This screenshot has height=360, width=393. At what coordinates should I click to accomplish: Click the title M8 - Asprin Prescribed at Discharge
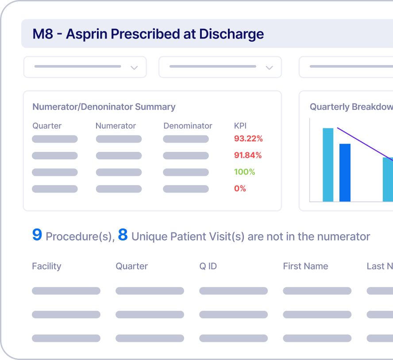click(148, 34)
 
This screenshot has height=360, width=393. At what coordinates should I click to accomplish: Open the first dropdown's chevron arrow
click(134, 68)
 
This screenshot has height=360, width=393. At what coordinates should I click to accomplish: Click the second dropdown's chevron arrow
click(269, 68)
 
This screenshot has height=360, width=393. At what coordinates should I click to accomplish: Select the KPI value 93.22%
click(248, 139)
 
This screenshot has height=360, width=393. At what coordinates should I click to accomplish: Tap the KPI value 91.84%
click(248, 155)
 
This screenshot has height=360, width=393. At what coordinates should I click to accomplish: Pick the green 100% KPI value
click(245, 172)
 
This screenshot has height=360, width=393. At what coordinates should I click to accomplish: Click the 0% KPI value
click(240, 189)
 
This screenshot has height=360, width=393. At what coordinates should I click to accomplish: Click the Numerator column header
click(116, 126)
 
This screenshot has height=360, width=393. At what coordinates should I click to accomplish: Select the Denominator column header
click(188, 126)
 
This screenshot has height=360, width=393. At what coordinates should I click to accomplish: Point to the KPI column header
click(240, 126)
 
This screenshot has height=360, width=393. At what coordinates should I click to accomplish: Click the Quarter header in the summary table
click(47, 126)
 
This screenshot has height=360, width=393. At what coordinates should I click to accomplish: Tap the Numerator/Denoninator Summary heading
click(104, 107)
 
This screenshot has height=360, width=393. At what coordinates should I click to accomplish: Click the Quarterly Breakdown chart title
click(351, 107)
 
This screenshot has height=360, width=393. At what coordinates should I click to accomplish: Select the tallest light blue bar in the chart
click(328, 165)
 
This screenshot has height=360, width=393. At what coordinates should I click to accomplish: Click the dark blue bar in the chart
click(345, 173)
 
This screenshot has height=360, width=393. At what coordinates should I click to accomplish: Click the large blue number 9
click(37, 235)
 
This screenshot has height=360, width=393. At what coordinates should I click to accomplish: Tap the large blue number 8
click(123, 235)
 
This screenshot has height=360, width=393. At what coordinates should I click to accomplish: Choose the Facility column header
click(46, 266)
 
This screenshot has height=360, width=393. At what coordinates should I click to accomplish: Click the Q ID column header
click(208, 266)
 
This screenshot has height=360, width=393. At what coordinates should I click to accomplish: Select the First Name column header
click(305, 266)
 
